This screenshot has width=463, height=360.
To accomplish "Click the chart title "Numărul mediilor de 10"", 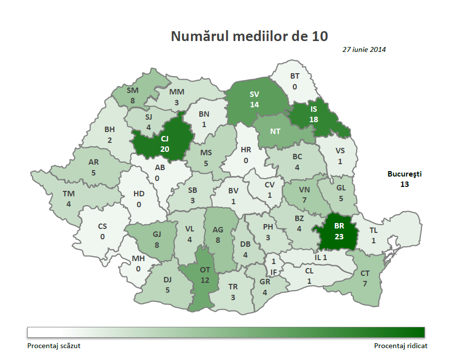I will click(249, 36).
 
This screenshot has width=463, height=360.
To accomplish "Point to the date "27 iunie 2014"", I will click(364, 49).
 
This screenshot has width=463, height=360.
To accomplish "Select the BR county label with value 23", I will click(338, 226).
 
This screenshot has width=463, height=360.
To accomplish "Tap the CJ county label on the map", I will click(165, 139).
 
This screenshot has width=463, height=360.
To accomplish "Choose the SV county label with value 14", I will click(254, 94).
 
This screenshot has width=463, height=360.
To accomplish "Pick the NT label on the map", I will click(276, 132).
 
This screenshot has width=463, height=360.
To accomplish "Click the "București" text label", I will click(405, 174).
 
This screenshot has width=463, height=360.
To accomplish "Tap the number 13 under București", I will click(405, 184).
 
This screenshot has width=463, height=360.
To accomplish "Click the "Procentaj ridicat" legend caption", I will click(401, 346).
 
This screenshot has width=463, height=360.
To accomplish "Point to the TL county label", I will click(374, 230).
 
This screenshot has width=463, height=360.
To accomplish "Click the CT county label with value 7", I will click(365, 273).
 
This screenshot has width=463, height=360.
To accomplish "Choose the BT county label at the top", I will click(295, 76).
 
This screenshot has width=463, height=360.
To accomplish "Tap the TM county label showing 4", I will click(68, 194).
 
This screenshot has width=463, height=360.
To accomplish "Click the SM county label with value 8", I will click(133, 90).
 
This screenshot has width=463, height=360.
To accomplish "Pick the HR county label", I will click(246, 149).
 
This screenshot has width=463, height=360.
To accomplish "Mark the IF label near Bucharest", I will click(274, 272).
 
